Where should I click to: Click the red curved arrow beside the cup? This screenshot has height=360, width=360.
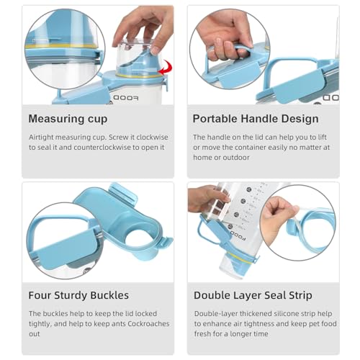pos(166,67)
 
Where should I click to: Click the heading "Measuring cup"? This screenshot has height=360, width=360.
pos(68,119)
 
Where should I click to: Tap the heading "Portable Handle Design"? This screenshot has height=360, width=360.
pos(256,119)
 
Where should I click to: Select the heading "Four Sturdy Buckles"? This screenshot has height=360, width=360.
pos(78,295)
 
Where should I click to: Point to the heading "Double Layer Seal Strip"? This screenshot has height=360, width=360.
pos(253,295)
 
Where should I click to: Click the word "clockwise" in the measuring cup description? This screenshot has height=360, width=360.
pos(152,138)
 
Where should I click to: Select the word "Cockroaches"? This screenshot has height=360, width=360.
pos(148,324)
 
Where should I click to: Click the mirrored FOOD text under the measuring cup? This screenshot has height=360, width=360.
pos(126,98)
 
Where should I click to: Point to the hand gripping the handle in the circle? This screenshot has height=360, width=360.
pos(225,36)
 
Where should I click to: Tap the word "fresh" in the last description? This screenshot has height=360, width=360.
pos(204,334)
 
